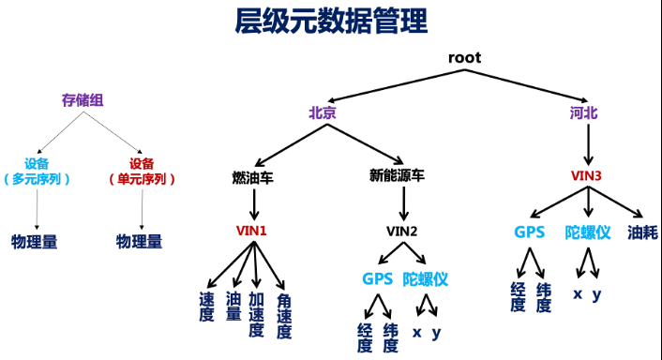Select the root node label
(464, 58)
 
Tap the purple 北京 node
(323, 112)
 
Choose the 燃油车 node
(253, 175)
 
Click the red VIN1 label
(252, 230)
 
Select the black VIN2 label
(402, 230)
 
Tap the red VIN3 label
(586, 175)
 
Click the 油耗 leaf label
(642, 232)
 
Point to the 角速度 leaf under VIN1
(283, 316)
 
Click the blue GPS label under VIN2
(378, 278)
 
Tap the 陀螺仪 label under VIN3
(587, 232)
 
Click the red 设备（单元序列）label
(142, 171)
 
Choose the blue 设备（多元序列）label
(37, 171)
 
